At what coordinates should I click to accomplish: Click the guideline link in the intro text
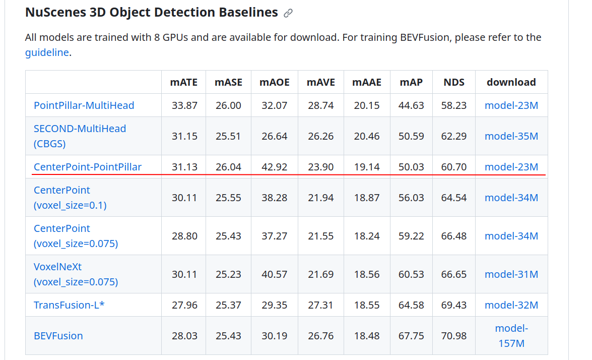(47, 52)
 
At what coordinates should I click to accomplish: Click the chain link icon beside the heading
(288, 13)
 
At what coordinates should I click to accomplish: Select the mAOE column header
(275, 82)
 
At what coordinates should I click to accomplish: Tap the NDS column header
(454, 82)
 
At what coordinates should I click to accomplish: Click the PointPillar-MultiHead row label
(84, 105)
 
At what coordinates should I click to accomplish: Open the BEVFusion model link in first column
(58, 336)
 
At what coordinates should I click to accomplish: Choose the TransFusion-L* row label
(69, 305)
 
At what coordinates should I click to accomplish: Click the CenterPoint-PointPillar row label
(88, 167)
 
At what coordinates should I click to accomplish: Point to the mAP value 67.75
(411, 336)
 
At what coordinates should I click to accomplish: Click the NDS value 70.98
(454, 336)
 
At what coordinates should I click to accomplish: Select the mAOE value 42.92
(275, 167)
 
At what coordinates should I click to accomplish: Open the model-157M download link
(511, 336)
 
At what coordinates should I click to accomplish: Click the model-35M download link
(511, 136)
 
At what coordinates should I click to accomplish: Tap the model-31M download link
(511, 274)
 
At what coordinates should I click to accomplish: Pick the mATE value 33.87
(184, 105)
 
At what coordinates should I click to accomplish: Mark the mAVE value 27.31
(321, 305)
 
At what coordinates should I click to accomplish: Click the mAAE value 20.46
(367, 136)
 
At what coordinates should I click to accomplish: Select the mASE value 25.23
(229, 274)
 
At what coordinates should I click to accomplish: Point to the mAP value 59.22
(411, 236)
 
